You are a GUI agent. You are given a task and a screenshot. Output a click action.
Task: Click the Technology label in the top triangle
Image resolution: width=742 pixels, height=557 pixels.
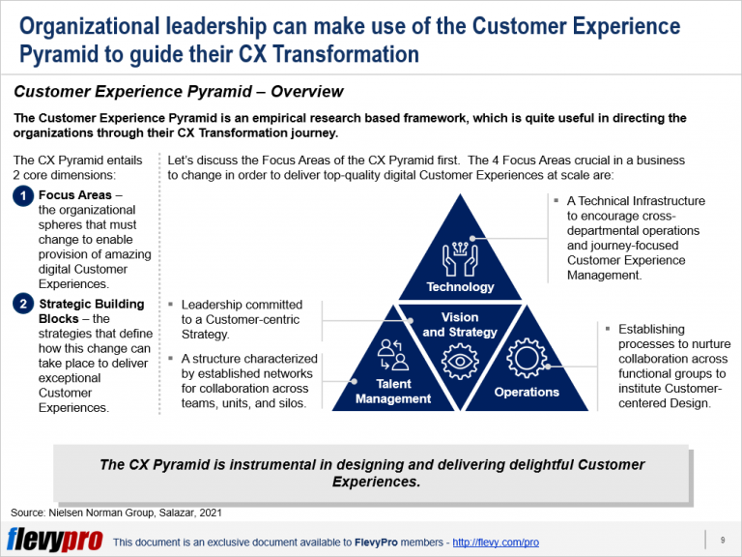coord(460,286)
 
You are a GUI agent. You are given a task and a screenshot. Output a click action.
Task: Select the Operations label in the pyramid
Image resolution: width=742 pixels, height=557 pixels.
coord(527,392)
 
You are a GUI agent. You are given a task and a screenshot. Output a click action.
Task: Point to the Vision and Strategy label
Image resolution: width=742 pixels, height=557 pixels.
coord(460,325)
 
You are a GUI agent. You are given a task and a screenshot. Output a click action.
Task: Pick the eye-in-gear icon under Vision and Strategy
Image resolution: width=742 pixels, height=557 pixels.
coord(460,360)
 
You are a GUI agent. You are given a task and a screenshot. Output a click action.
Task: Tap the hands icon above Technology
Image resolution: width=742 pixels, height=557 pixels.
coord(460,253)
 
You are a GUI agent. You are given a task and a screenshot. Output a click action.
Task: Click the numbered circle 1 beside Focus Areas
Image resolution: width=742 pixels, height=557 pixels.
coord(23,196)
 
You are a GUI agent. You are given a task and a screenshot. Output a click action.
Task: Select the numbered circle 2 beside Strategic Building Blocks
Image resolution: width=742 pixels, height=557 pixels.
coord(23,305)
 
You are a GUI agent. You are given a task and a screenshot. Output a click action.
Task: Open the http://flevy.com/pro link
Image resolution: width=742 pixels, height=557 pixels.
coord(496,542)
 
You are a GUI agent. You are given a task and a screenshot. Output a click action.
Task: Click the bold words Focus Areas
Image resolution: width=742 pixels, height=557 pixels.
coord(80,195)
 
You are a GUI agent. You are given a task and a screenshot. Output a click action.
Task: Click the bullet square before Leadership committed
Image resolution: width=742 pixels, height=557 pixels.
coord(172,305)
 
